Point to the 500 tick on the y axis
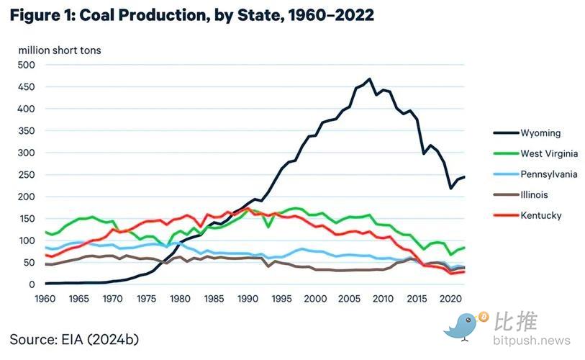pyautogui.click(x=26, y=65)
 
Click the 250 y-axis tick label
pyautogui.click(x=26, y=174)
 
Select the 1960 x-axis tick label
pyautogui.click(x=45, y=298)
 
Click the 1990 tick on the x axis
pyautogui.click(x=246, y=298)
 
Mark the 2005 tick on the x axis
pyautogui.click(x=347, y=298)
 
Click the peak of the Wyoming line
pyautogui.click(x=370, y=79)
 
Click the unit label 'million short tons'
pyautogui.click(x=60, y=50)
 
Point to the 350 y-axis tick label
pyautogui.click(x=26, y=130)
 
